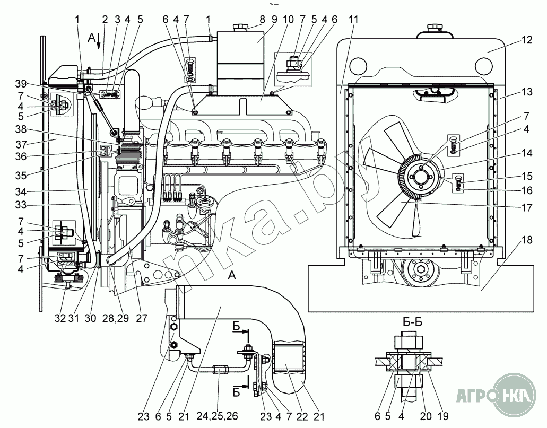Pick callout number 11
point(354,20)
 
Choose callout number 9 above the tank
point(274,20)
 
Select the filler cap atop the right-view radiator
point(434,27)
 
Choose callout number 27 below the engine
point(141,319)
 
